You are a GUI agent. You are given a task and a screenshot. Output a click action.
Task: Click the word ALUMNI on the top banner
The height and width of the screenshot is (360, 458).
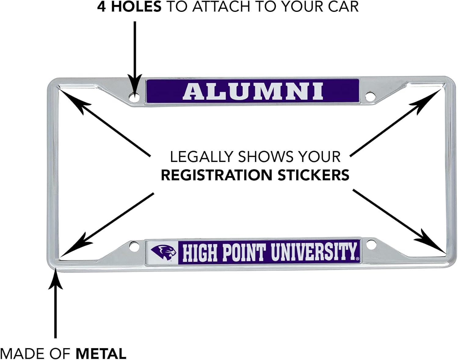[253, 91]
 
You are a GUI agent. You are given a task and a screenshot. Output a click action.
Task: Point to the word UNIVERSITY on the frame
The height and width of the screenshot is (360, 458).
[314, 252]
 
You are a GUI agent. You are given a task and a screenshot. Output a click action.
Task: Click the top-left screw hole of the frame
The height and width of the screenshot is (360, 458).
[134, 97]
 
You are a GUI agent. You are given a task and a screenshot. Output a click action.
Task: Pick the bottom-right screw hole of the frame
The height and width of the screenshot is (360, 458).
[370, 245]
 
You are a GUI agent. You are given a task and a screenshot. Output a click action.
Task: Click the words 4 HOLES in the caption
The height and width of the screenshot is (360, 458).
[129, 7]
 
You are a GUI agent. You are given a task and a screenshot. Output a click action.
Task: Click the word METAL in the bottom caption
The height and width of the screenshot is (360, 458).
[101, 354]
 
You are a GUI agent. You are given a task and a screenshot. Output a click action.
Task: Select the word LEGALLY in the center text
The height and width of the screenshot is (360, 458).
[201, 157]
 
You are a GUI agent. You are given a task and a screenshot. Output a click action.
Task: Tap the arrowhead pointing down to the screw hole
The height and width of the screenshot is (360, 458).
[134, 84]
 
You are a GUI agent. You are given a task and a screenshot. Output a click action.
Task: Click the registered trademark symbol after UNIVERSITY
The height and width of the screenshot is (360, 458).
[358, 259]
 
